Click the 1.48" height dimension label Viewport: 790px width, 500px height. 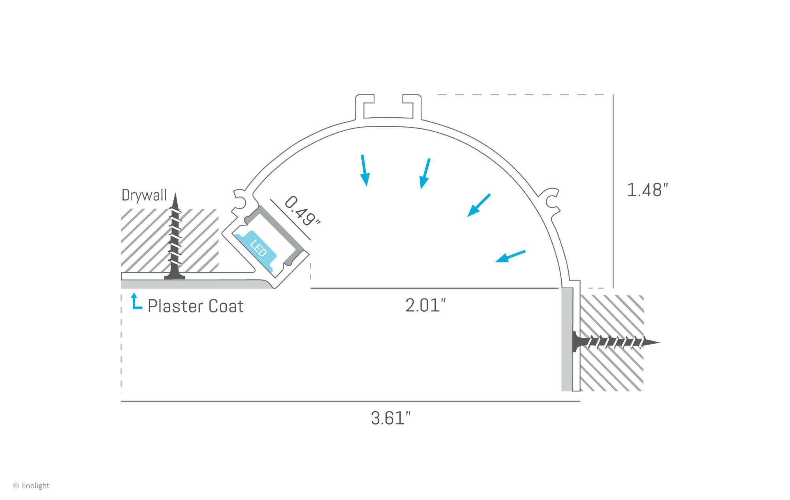tap(647, 190)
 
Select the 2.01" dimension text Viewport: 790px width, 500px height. tap(425, 305)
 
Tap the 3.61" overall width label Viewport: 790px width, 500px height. tap(390, 418)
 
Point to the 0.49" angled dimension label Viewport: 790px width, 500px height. tap(303, 211)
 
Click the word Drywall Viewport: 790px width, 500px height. tap(144, 195)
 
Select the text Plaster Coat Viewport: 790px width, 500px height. tap(196, 306)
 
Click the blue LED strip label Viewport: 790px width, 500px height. tap(258, 248)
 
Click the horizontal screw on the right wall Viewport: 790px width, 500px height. tap(614, 342)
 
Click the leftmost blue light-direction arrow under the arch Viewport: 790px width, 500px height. tap(365, 170)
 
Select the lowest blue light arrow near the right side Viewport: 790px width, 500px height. tap(510, 256)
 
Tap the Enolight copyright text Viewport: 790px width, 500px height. tap(32, 486)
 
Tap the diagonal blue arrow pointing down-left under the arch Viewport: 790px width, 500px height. tap(479, 205)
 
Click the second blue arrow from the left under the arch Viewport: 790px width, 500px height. tap(425, 174)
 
